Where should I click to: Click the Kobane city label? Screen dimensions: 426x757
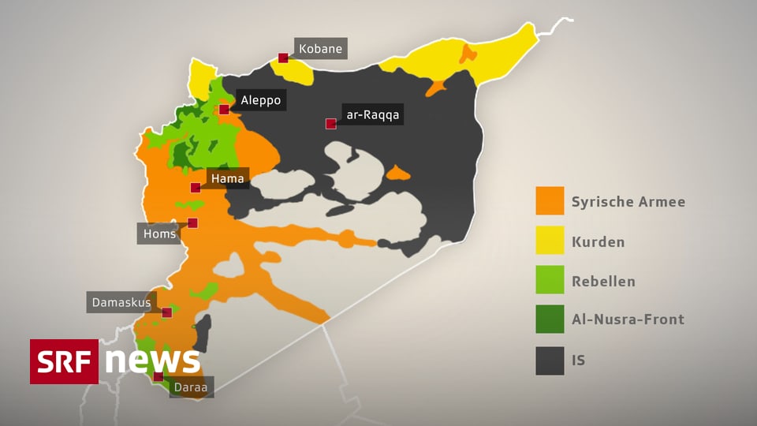pos(320,49)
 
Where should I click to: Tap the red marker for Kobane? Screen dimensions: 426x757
pos(283,58)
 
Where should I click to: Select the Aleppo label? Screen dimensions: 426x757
pos(260,100)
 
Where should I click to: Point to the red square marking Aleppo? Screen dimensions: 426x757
pos(224,109)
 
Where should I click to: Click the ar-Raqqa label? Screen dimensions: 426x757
pos(373,114)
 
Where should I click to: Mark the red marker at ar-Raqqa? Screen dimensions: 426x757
pos(331,123)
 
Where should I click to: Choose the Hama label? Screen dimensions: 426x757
pos(227,179)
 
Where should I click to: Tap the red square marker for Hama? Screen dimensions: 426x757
pos(196,188)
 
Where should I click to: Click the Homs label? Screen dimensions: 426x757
pos(159,234)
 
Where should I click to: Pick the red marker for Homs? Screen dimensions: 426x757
pos(192,223)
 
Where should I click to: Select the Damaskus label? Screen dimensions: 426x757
pos(121,302)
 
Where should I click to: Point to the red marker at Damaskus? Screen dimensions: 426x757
pos(166,312)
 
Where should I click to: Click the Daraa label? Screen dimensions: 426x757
pos(192,387)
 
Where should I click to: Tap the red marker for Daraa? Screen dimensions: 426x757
pos(158,376)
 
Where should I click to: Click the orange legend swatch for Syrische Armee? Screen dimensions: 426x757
pos(550,201)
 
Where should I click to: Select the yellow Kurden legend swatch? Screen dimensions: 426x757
pos(550,241)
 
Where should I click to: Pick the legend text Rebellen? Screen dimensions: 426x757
pos(603,281)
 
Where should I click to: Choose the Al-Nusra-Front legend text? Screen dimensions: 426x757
pos(628,319)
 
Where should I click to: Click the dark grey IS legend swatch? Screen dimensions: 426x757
pos(550,361)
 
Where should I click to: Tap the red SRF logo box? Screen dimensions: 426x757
pos(64,361)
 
